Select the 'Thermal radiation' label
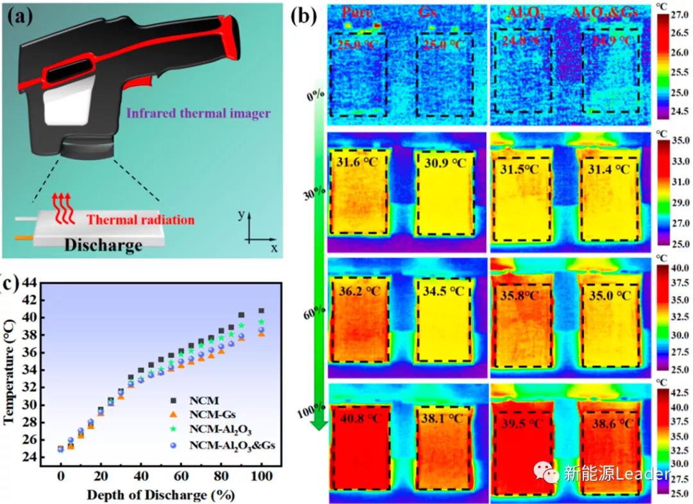(x=141, y=220)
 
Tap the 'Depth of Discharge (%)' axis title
(x=160, y=495)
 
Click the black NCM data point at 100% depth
(x=261, y=311)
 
